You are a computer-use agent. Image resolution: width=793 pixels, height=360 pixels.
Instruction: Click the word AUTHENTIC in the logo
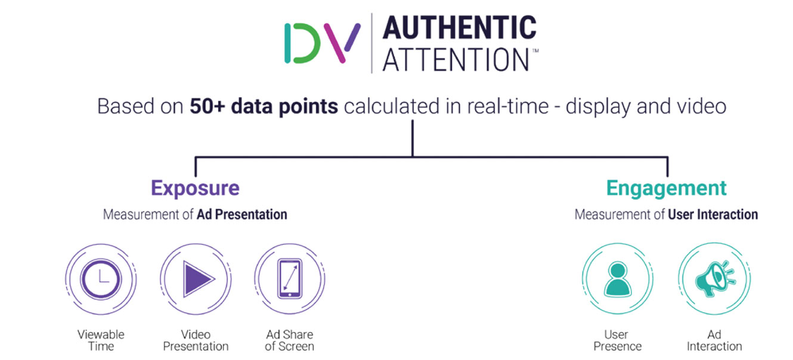pyautogui.click(x=460, y=27)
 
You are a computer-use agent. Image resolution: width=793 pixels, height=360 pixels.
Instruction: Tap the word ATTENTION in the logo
pyautogui.click(x=456, y=60)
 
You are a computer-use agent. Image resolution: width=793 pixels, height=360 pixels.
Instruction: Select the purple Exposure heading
pyautogui.click(x=196, y=188)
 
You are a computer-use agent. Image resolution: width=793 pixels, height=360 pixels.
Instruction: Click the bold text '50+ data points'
pyautogui.click(x=264, y=107)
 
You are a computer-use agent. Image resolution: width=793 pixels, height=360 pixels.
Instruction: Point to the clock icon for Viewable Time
pyautogui.click(x=101, y=278)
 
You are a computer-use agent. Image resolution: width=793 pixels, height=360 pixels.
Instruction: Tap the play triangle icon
pyautogui.click(x=197, y=278)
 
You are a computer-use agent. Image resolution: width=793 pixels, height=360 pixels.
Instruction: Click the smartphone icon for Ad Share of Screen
pyautogui.click(x=290, y=278)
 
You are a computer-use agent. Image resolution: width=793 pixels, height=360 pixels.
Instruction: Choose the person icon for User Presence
pyautogui.click(x=618, y=279)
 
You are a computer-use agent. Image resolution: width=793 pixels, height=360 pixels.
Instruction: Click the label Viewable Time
pyautogui.click(x=101, y=340)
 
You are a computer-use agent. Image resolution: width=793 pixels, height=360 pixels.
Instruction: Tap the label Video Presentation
pyautogui.click(x=196, y=340)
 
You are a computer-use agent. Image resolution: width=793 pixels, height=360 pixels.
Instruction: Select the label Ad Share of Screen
pyautogui.click(x=290, y=340)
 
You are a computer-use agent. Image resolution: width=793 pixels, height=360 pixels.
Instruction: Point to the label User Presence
pyautogui.click(x=618, y=340)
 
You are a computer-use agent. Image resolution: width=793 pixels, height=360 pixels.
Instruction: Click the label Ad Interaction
pyautogui.click(x=714, y=340)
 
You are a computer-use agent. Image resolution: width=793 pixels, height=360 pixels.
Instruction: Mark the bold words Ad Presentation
pyautogui.click(x=242, y=215)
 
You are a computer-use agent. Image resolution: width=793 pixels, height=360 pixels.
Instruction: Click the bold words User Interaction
pyautogui.click(x=713, y=215)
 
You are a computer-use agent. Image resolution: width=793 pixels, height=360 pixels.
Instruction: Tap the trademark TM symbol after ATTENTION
pyautogui.click(x=535, y=51)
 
